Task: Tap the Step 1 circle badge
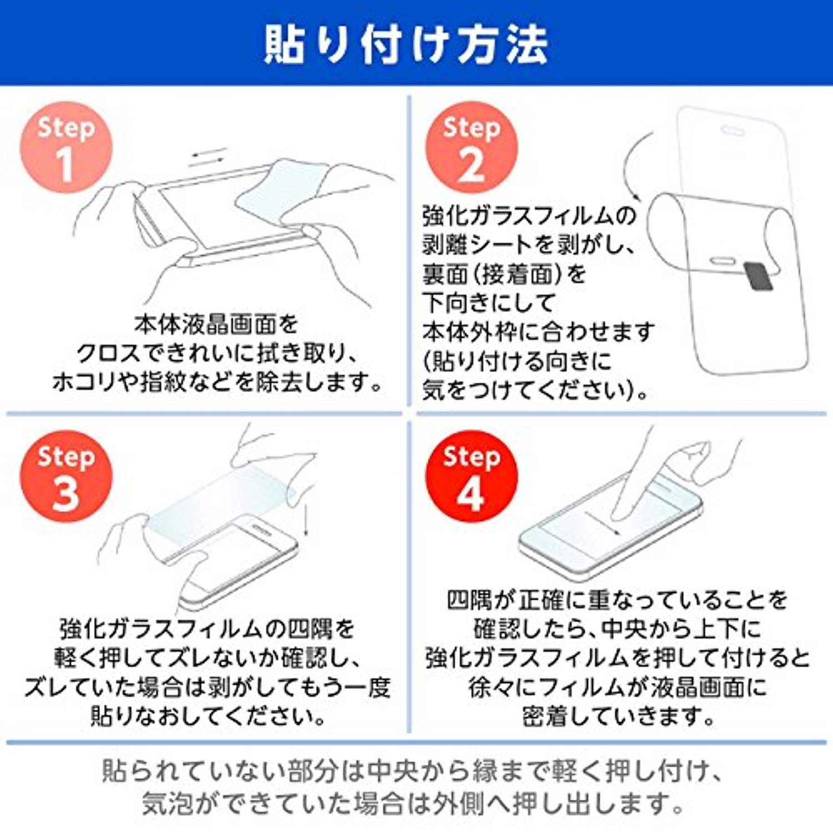pyautogui.click(x=66, y=148)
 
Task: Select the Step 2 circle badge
pyautogui.click(x=471, y=148)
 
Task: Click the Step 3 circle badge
pyautogui.click(x=66, y=476)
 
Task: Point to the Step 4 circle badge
pyautogui.click(x=471, y=476)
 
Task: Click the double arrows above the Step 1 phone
pyautogui.click(x=207, y=157)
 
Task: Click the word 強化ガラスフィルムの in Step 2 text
pyautogui.click(x=529, y=215)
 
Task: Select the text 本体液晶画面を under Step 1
pyautogui.click(x=216, y=324)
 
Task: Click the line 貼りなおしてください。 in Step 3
pyautogui.click(x=208, y=715)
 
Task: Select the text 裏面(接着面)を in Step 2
pyautogui.click(x=504, y=274)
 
